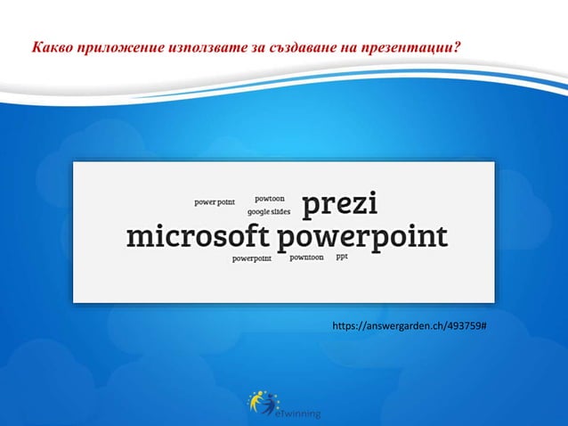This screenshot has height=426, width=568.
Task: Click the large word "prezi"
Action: (x=340, y=206)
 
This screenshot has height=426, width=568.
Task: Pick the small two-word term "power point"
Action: (x=215, y=202)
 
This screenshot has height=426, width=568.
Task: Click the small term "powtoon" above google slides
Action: (x=270, y=199)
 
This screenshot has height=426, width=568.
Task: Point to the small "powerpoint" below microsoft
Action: (x=252, y=259)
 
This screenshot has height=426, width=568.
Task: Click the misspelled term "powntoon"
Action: (x=307, y=258)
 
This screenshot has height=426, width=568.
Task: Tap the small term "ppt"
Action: (x=342, y=257)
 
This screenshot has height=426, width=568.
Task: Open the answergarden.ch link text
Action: (x=409, y=327)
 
